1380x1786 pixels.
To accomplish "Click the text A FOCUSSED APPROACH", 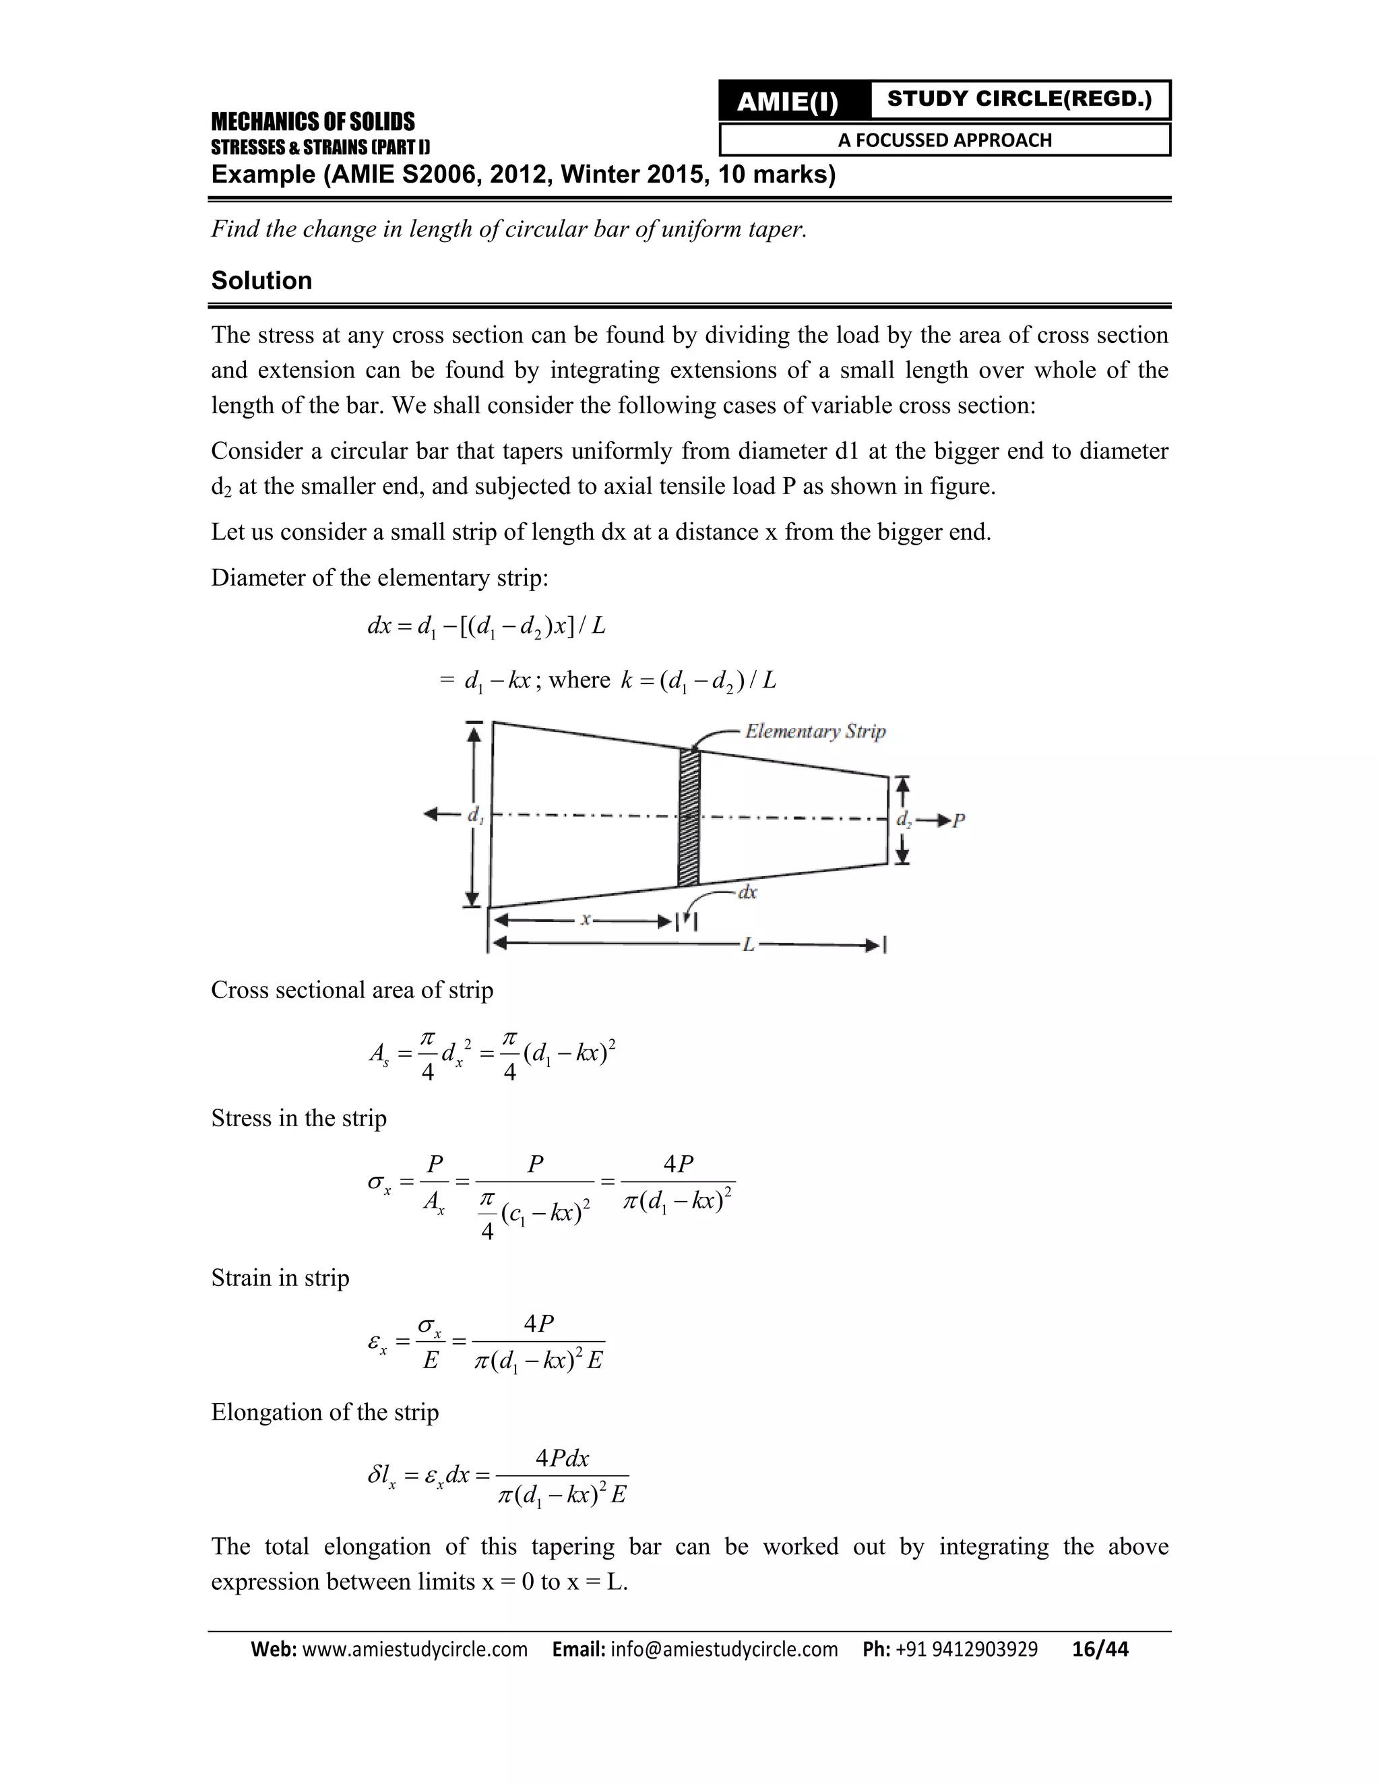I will point(944,140).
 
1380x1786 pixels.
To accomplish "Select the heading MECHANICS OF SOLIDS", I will point(312,122).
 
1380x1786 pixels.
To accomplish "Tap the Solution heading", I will point(261,280).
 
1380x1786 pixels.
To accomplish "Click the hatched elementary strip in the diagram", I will point(689,817).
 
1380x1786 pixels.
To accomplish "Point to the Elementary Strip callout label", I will point(815,731).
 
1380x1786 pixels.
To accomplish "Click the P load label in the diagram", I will point(959,820).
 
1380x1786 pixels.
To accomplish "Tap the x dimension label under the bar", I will point(586,919).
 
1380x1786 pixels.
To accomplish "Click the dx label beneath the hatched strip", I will point(747,892).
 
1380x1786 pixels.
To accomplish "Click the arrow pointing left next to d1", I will point(441,813).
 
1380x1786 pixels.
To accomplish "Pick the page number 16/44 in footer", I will point(1100,1649).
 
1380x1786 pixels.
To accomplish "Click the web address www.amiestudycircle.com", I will point(414,1649).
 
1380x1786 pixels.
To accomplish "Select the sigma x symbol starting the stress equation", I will point(379,1183).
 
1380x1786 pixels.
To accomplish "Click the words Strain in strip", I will point(280,1278).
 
